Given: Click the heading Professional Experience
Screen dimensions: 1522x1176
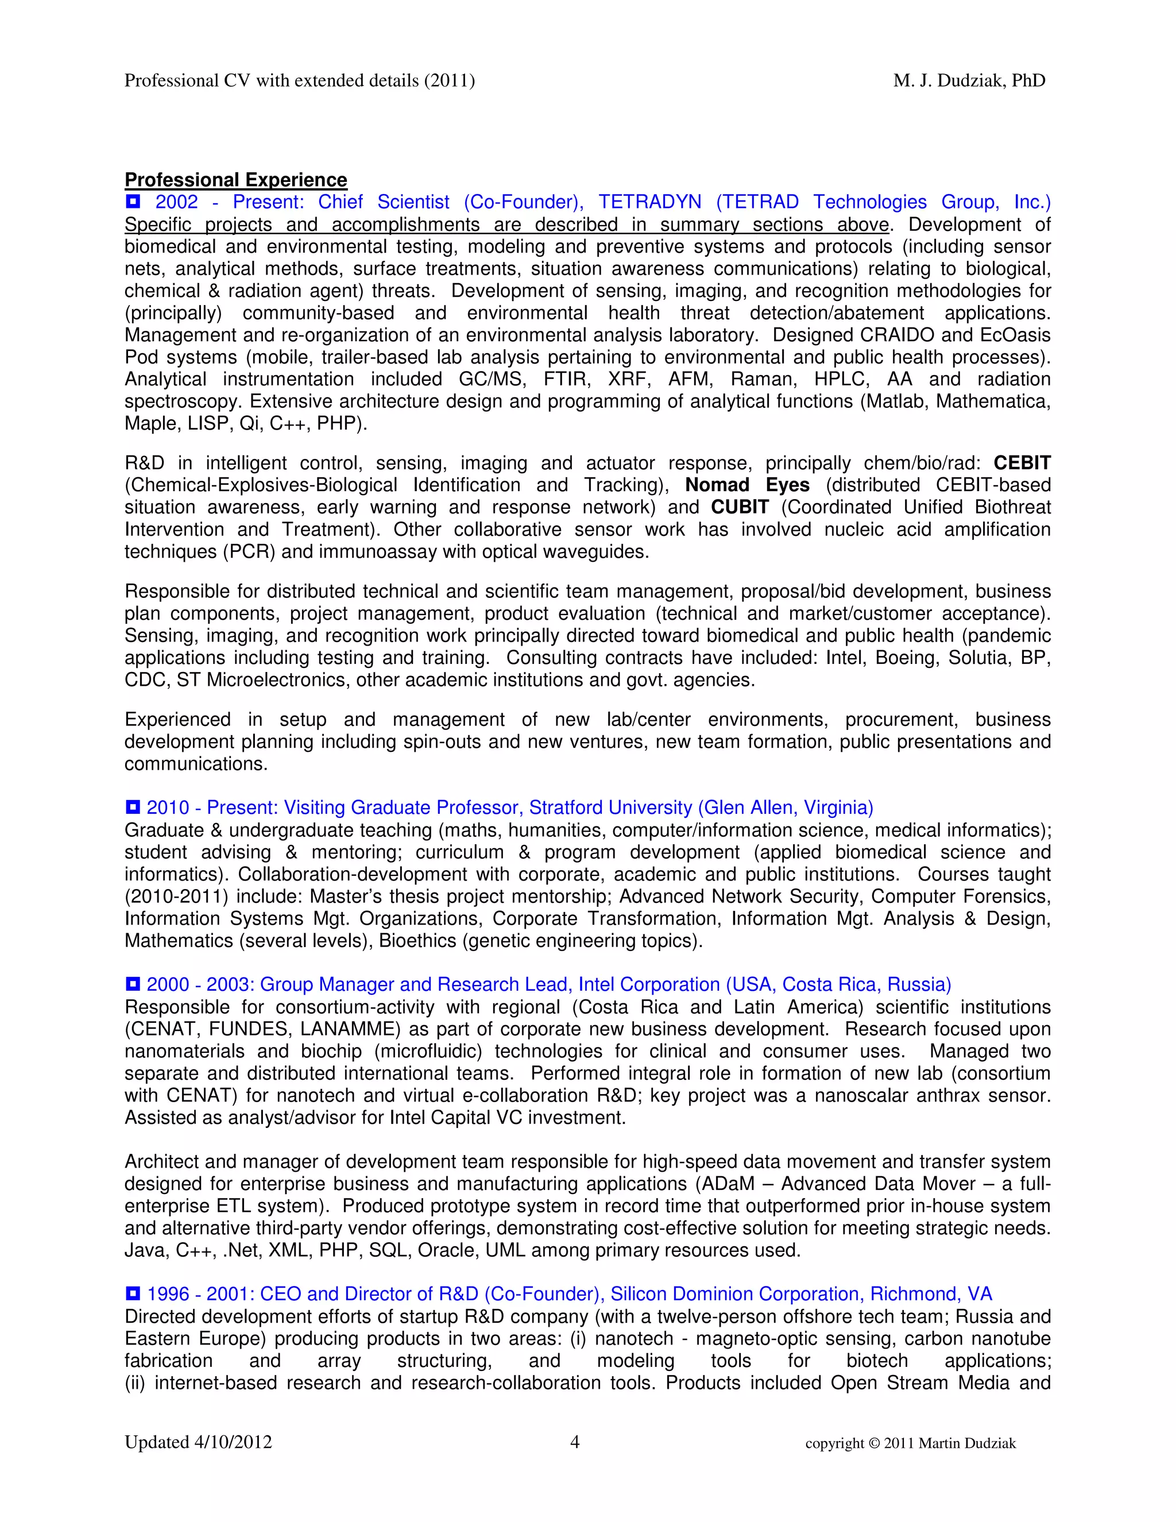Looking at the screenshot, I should (235, 180).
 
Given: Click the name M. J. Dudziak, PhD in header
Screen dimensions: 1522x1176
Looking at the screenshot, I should (969, 81).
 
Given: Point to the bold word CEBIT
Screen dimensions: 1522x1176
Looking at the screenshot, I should (1022, 463).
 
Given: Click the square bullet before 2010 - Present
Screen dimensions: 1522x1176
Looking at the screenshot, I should (133, 807).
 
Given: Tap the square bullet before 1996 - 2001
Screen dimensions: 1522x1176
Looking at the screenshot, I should (133, 1293).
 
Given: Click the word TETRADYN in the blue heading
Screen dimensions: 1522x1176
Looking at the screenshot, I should (649, 202).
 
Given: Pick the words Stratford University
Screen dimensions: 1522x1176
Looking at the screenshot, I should (610, 808).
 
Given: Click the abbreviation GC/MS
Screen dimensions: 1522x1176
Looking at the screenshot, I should (486, 379).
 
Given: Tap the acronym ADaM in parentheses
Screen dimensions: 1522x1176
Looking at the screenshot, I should (732, 1184).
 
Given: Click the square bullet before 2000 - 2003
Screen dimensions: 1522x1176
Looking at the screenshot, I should (133, 984).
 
